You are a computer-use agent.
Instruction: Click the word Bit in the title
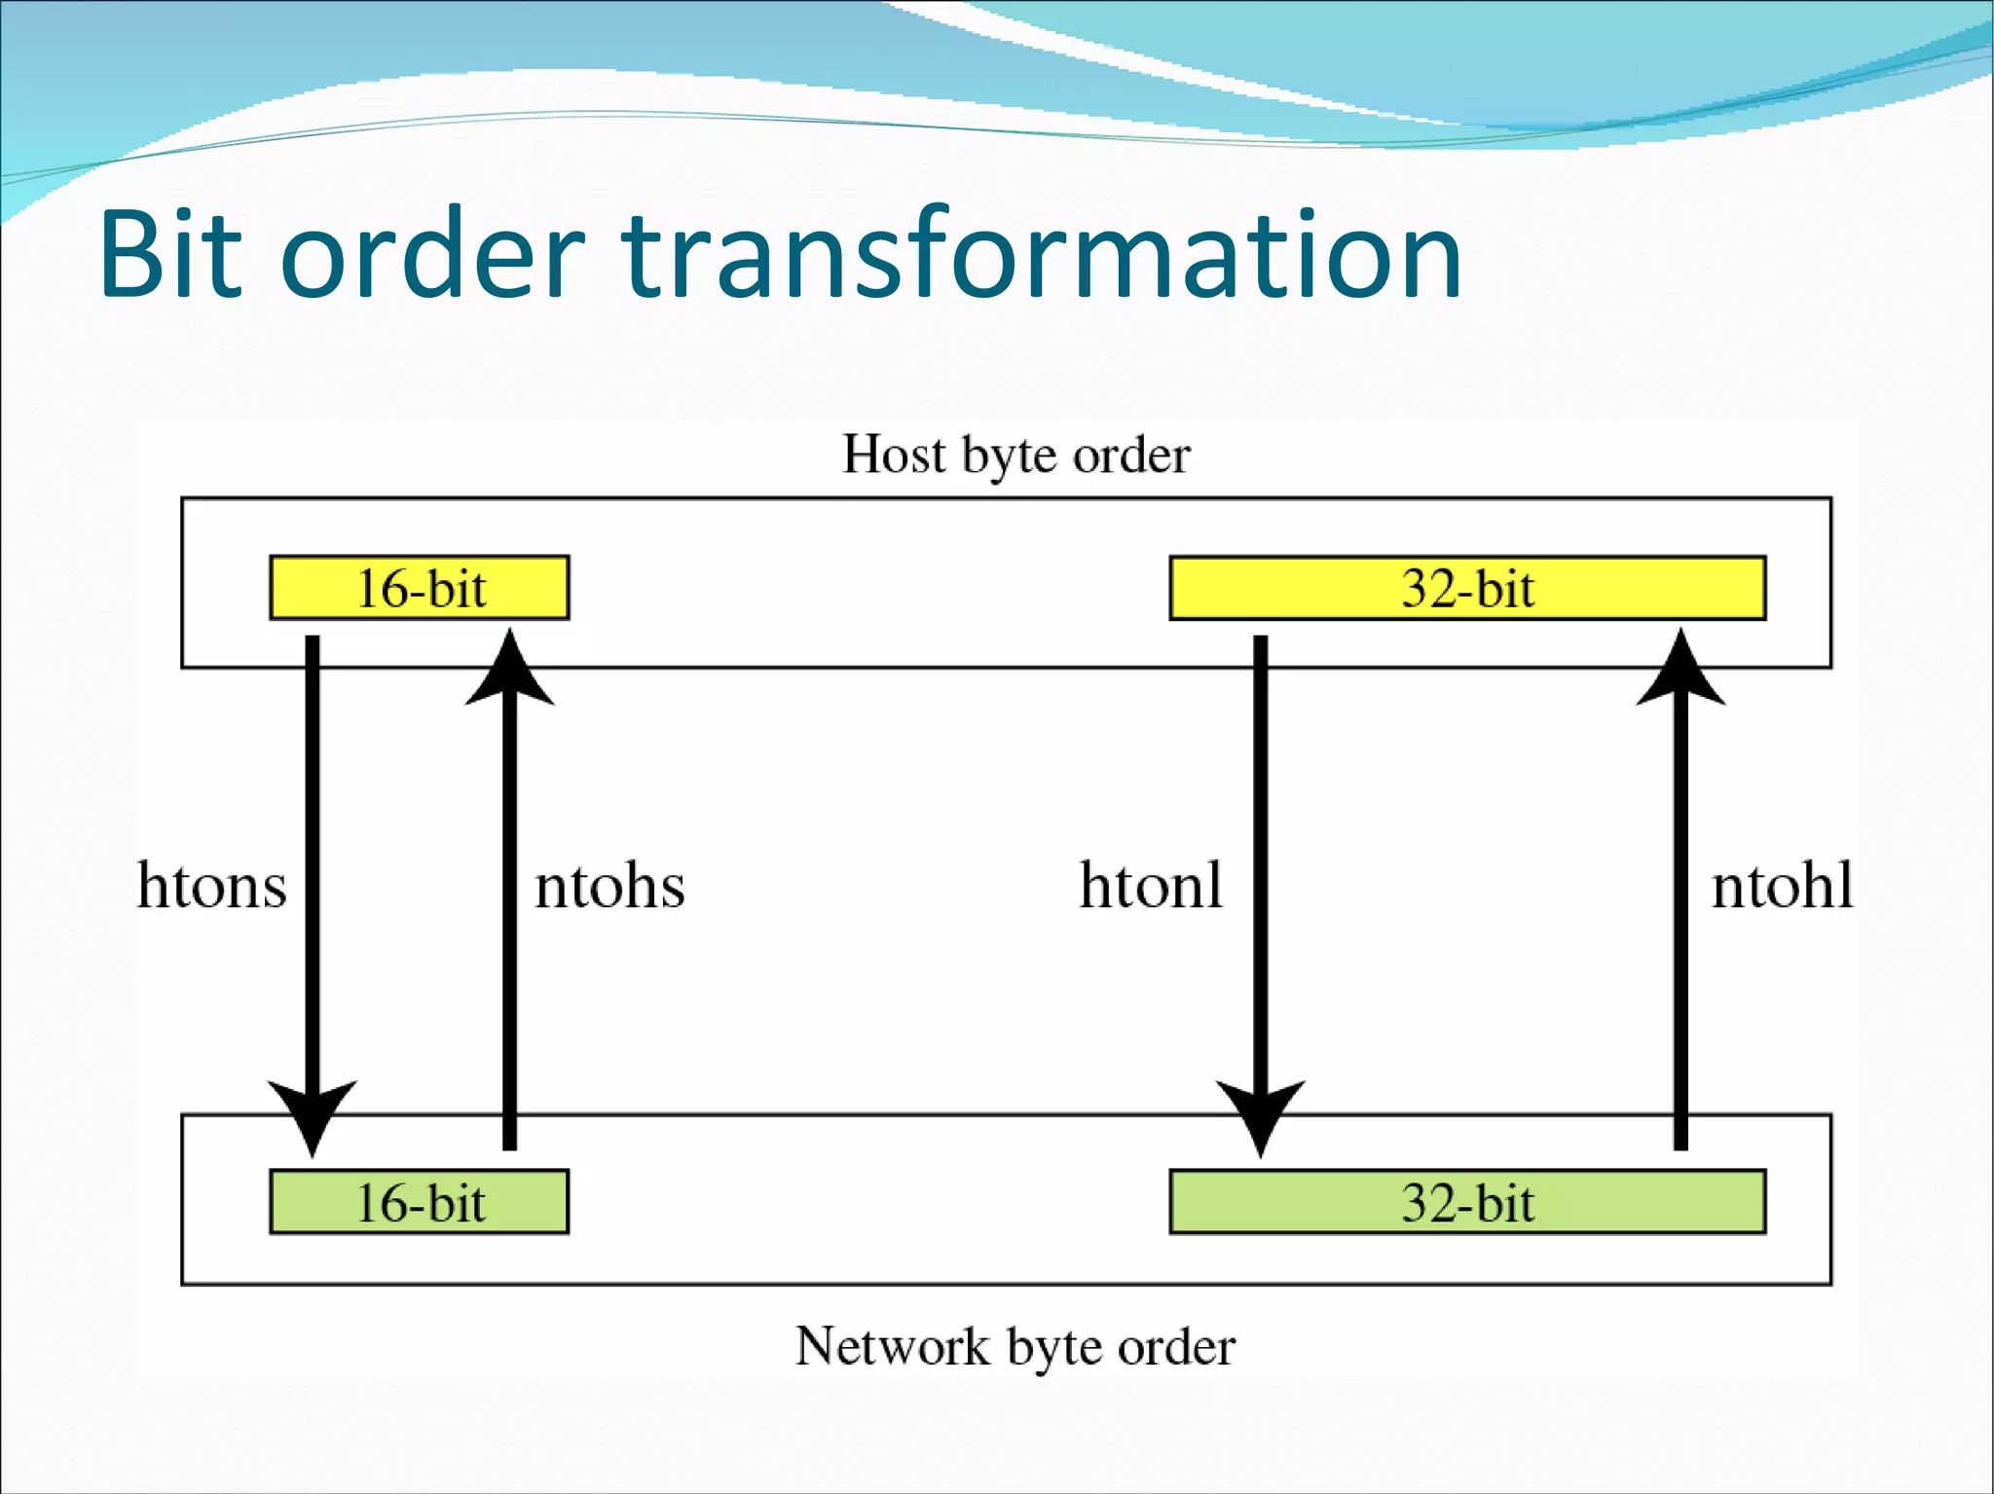pyautogui.click(x=170, y=255)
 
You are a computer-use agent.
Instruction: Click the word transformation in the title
pyautogui.click(x=1042, y=255)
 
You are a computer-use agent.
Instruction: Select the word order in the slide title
pyautogui.click(x=432, y=255)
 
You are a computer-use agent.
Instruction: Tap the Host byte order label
pyautogui.click(x=1015, y=455)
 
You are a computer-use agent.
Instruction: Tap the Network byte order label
pyautogui.click(x=1015, y=1347)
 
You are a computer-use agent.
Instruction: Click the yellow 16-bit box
pyautogui.click(x=420, y=588)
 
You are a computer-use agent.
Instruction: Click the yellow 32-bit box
pyautogui.click(x=1467, y=588)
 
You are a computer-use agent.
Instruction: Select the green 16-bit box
pyautogui.click(x=420, y=1202)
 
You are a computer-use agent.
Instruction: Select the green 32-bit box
pyautogui.click(x=1467, y=1202)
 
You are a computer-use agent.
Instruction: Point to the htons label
pyautogui.click(x=212, y=886)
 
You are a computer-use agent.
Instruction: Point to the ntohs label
pyautogui.click(x=609, y=886)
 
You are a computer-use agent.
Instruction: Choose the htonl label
pyautogui.click(x=1151, y=886)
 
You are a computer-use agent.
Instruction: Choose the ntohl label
pyautogui.click(x=1782, y=886)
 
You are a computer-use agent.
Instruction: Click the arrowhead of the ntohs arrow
pyautogui.click(x=510, y=672)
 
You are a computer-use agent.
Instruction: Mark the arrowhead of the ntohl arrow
pyautogui.click(x=1680, y=672)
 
